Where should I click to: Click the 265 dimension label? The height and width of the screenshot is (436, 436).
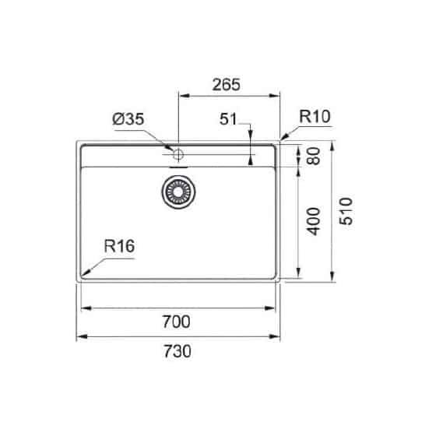point(226,85)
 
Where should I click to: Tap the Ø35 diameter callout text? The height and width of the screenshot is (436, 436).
point(128,119)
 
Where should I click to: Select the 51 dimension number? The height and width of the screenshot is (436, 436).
point(228,119)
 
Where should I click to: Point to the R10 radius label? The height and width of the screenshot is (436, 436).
point(315,117)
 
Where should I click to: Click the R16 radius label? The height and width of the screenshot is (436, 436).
point(119,246)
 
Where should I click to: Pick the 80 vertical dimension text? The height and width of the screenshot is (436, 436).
point(314,156)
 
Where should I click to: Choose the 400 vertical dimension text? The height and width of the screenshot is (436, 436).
point(313,221)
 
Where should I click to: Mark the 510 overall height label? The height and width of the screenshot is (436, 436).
point(346,211)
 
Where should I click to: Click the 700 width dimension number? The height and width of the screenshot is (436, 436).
point(176,322)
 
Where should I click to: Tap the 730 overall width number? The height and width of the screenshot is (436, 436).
point(178,351)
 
